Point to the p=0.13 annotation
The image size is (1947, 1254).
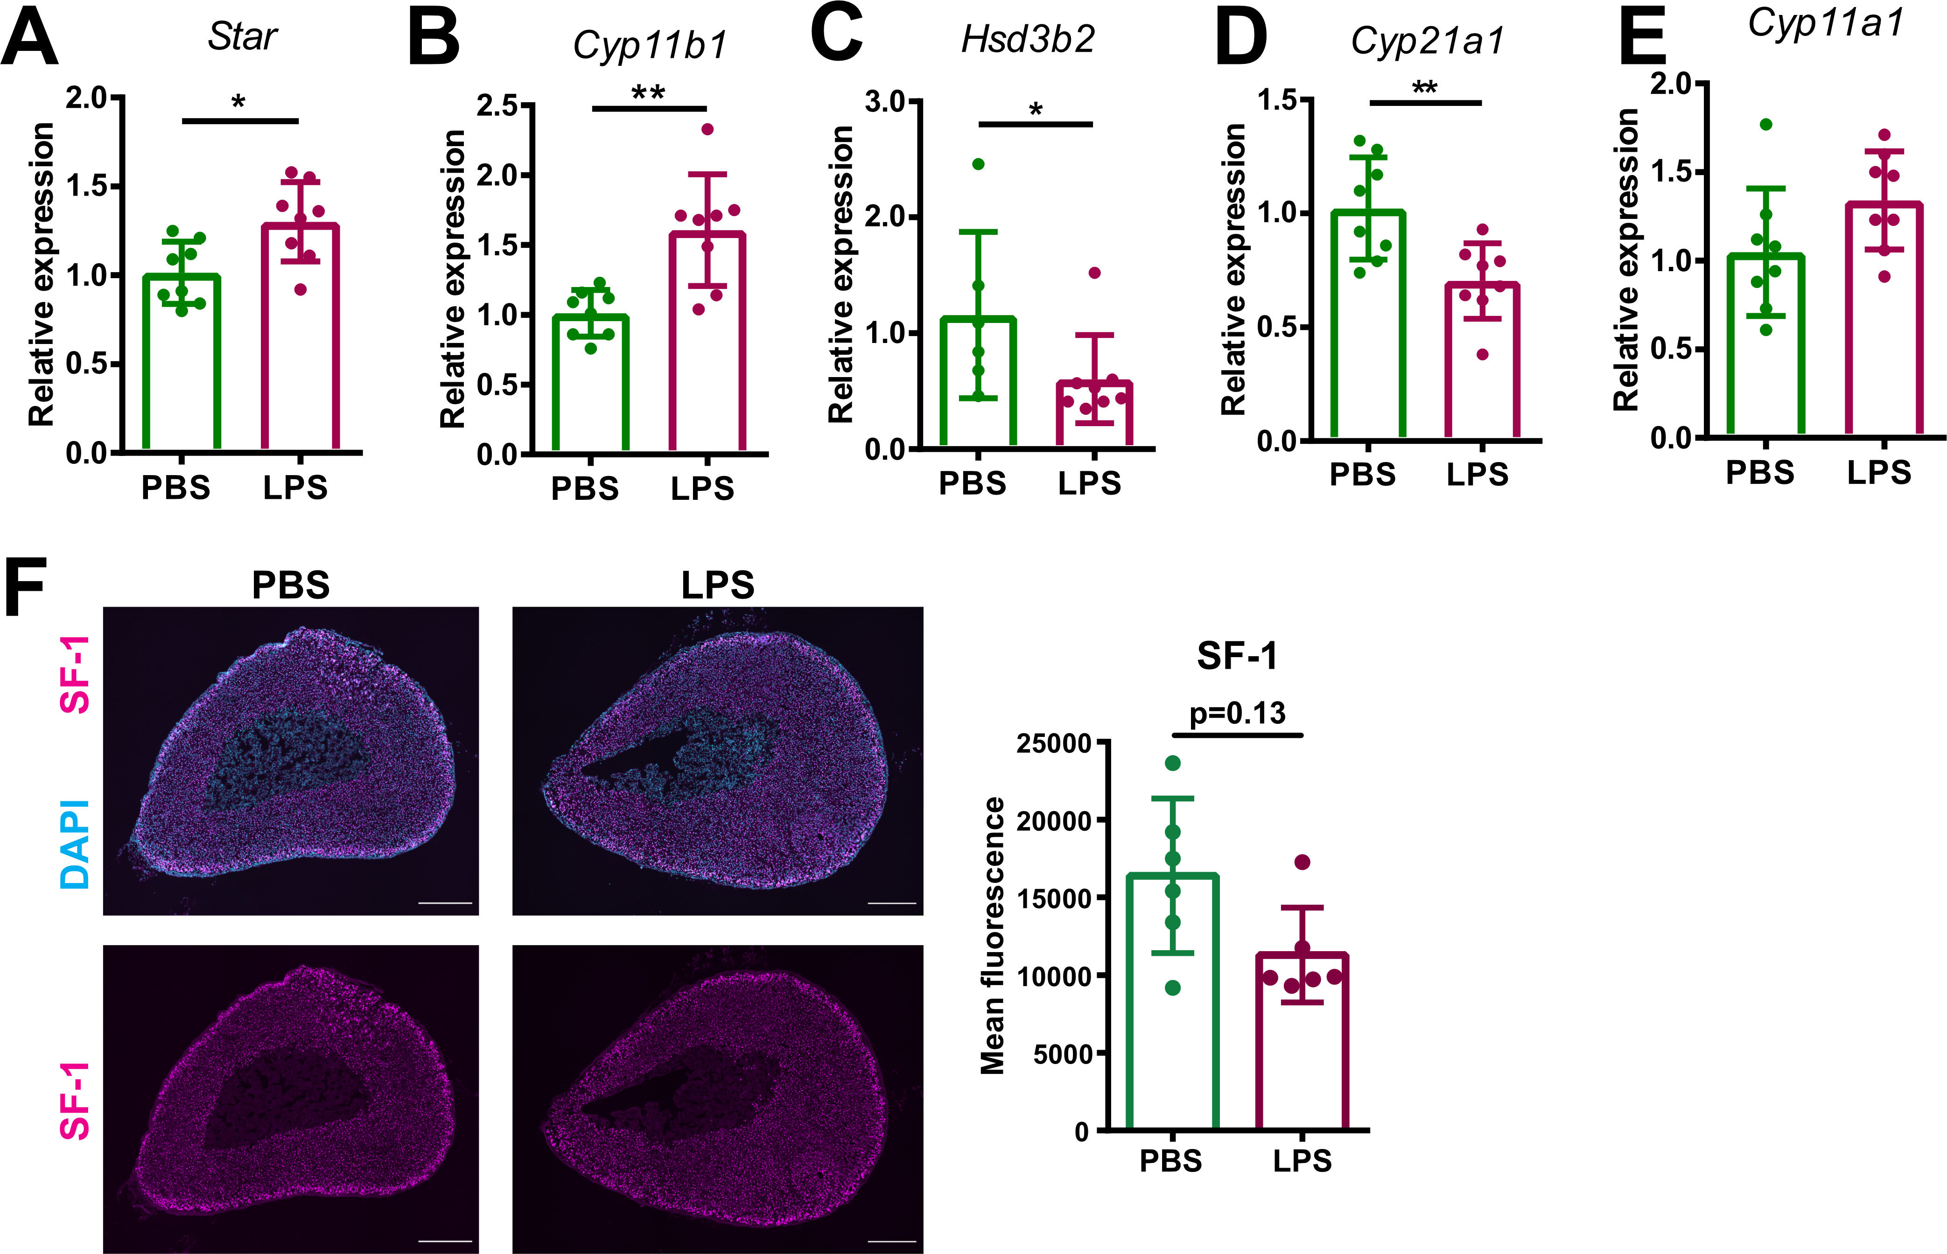(1237, 713)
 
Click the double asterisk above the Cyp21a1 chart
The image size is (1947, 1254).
(1424, 88)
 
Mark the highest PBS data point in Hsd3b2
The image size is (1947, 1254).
(978, 164)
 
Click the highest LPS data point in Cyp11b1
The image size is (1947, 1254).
(707, 129)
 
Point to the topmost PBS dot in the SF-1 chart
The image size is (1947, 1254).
(1173, 763)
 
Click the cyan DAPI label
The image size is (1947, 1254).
(75, 844)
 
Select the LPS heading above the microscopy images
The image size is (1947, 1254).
(717, 585)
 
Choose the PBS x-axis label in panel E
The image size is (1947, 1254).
(1760, 472)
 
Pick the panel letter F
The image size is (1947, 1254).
(24, 588)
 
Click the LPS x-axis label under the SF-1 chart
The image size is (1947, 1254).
(1302, 1160)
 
